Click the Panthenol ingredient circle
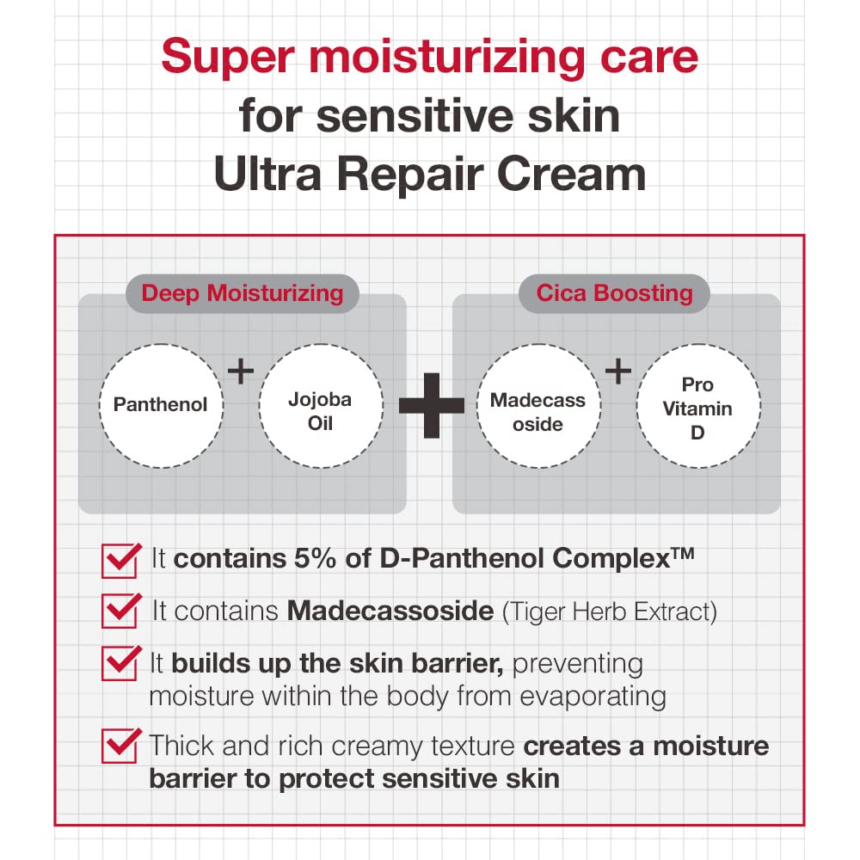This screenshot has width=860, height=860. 160,404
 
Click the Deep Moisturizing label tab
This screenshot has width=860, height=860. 242,293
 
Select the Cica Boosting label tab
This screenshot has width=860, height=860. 614,293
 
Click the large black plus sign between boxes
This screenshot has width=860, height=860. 431,404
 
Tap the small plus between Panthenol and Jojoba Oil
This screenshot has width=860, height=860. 241,372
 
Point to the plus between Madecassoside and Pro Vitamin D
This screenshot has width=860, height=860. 617,372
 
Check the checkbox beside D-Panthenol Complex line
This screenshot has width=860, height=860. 120,560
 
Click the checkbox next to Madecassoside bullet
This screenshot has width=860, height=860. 120,611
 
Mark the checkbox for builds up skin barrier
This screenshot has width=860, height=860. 120,664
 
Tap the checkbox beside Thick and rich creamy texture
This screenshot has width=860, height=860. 120,745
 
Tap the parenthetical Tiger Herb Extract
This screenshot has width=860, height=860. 609,611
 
